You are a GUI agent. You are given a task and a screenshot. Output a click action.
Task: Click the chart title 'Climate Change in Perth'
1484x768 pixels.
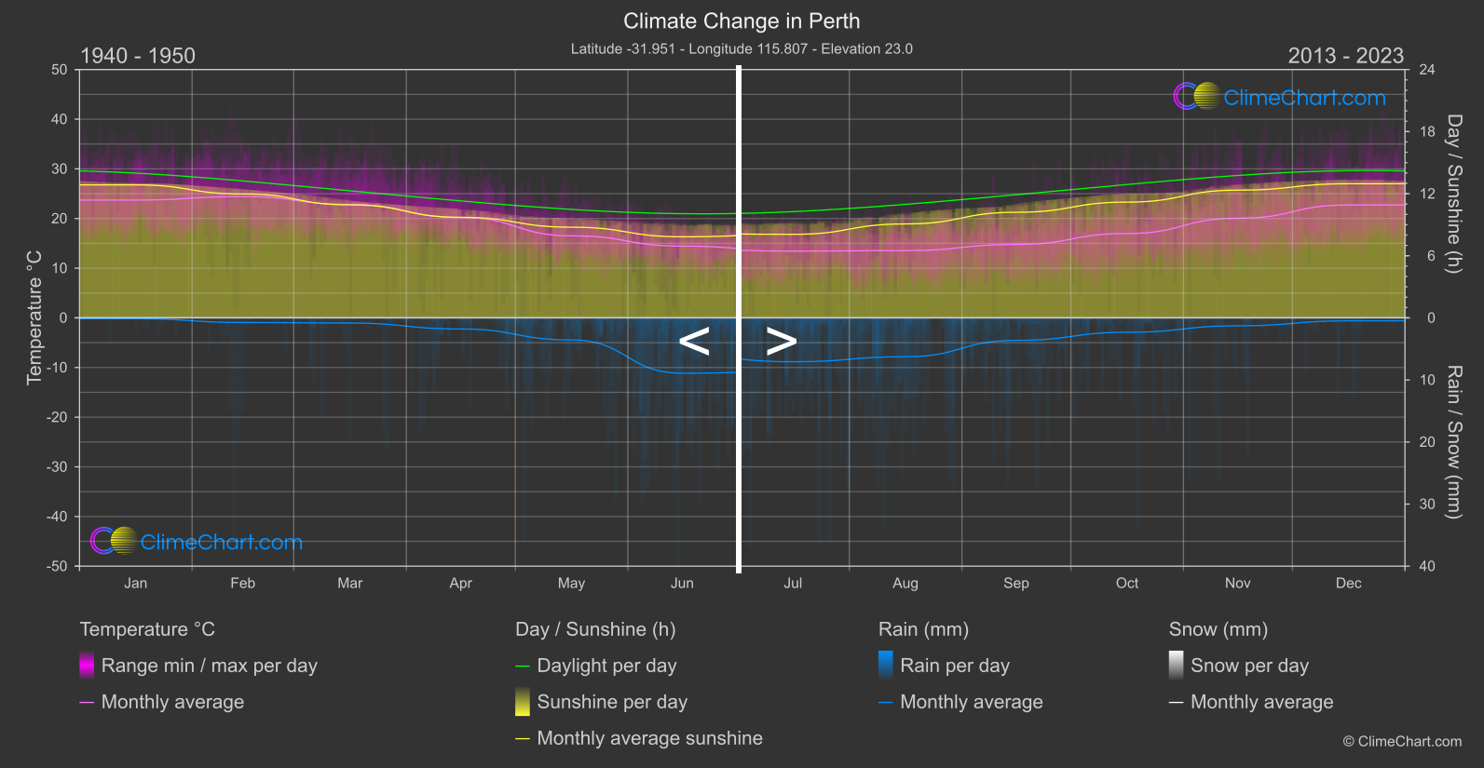pyautogui.click(x=742, y=20)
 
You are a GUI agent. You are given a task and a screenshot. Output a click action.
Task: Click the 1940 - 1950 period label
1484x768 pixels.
pyautogui.click(x=138, y=56)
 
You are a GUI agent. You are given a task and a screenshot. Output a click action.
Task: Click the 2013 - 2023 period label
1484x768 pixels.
pyautogui.click(x=1345, y=56)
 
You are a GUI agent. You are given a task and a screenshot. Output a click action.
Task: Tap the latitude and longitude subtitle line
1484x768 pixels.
pyautogui.click(x=742, y=48)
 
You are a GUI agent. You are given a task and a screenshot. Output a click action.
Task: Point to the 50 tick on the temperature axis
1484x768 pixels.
pyautogui.click(x=60, y=70)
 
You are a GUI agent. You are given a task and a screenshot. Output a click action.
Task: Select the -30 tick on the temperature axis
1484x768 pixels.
pyautogui.click(x=58, y=466)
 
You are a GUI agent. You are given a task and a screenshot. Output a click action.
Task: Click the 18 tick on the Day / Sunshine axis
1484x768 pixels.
pyautogui.click(x=1427, y=131)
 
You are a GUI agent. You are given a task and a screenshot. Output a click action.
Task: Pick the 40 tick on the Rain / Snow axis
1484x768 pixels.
pyautogui.click(x=1427, y=566)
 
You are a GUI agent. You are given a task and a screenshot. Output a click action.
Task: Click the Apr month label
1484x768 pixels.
pyautogui.click(x=460, y=583)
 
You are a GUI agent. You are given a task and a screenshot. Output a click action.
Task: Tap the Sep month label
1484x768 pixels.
pyautogui.click(x=1016, y=583)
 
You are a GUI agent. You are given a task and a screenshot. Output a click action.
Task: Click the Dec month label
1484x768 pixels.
pyautogui.click(x=1348, y=583)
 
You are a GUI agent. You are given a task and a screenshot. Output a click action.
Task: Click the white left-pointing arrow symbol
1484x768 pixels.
pyautogui.click(x=694, y=342)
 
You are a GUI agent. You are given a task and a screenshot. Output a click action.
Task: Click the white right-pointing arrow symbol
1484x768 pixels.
pyautogui.click(x=781, y=342)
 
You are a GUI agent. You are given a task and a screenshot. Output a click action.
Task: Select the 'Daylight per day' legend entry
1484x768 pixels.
pyautogui.click(x=606, y=666)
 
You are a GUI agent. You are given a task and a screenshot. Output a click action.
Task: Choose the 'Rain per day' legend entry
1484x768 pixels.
pyautogui.click(x=954, y=666)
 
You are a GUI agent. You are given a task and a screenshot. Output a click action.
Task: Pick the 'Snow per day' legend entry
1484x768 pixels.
pyautogui.click(x=1248, y=666)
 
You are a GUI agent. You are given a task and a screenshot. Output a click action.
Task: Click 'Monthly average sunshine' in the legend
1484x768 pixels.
pyautogui.click(x=649, y=738)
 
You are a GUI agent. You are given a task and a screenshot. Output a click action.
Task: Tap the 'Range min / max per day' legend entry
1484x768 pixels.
pyautogui.click(x=209, y=666)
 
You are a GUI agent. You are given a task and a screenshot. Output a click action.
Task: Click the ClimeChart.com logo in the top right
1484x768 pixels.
pyautogui.click(x=1280, y=97)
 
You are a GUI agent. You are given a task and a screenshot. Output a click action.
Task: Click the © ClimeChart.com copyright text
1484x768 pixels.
pyautogui.click(x=1402, y=741)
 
